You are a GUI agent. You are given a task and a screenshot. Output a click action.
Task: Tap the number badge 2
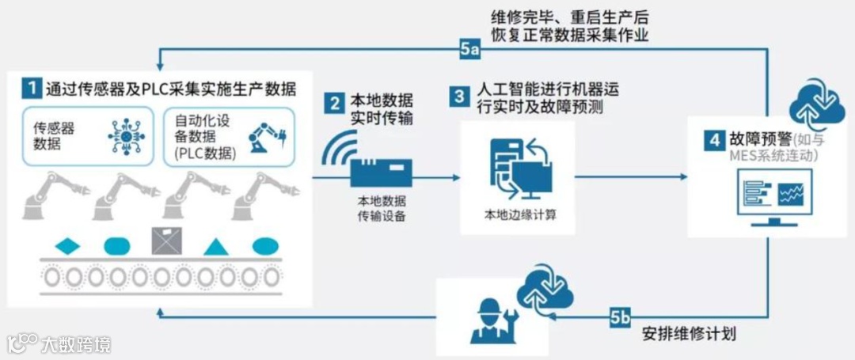coord(335,103)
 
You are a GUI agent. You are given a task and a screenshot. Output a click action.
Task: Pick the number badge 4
coord(713,140)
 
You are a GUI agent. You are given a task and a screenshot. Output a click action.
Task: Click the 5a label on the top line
coord(469,49)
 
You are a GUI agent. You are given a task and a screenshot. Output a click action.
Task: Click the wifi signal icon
coord(337,150)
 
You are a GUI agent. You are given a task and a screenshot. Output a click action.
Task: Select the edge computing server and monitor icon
coord(517,169)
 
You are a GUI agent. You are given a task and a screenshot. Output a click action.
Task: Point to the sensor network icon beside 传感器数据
coord(124,135)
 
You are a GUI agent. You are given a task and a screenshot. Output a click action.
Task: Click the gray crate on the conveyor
coord(167,241)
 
